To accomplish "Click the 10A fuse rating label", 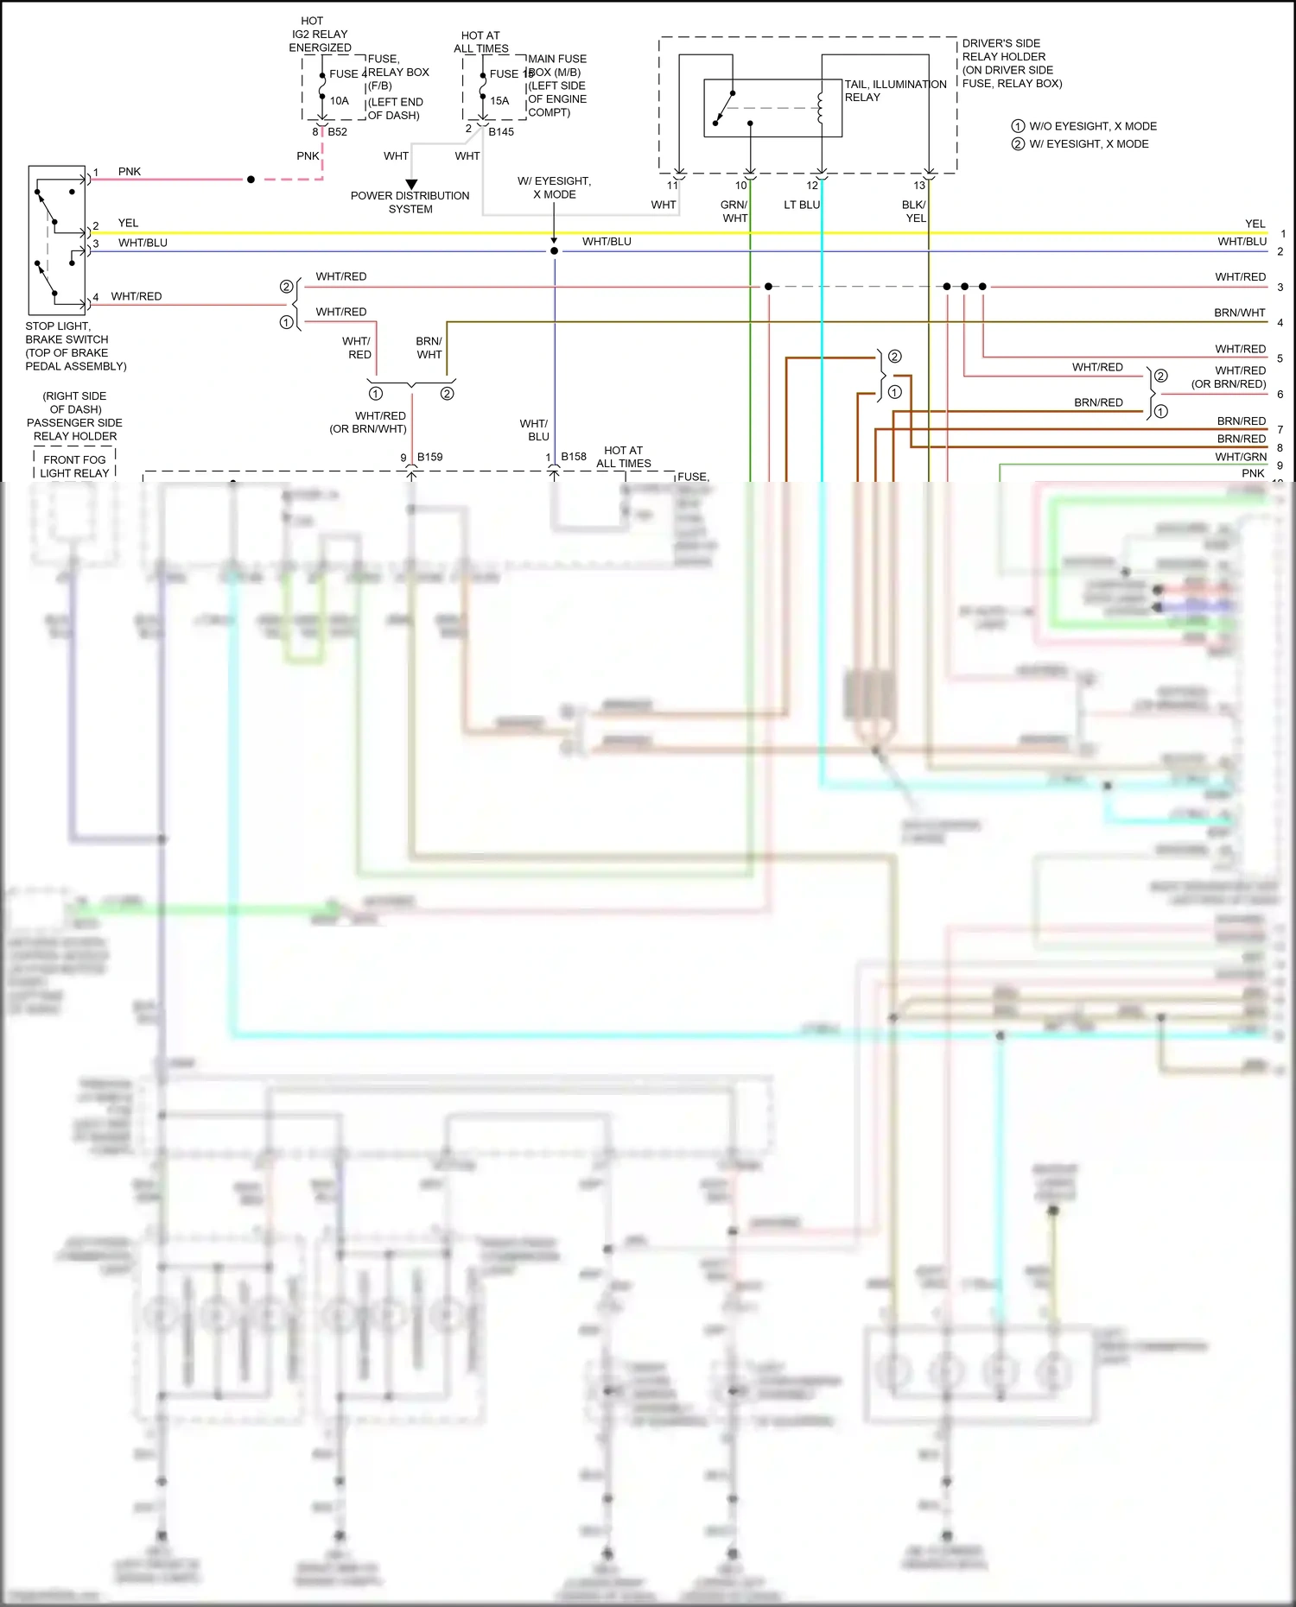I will (339, 101).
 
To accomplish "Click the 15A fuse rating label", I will (499, 101).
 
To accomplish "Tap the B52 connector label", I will (337, 132).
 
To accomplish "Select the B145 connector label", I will (501, 132).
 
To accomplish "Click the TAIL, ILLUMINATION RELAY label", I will (895, 91).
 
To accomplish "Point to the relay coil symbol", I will (820, 107).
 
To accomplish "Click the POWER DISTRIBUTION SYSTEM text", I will (410, 202).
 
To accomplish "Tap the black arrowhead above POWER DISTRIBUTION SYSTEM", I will (412, 184).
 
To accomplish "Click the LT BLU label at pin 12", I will (801, 205).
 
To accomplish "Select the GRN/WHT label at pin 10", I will (734, 212).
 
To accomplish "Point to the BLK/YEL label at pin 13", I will (914, 212).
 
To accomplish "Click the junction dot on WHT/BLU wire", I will (554, 251).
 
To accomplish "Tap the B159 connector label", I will (429, 457).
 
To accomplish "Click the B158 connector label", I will (574, 456).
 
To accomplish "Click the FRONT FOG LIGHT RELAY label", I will (74, 466).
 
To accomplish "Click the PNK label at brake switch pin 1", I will (130, 172).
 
